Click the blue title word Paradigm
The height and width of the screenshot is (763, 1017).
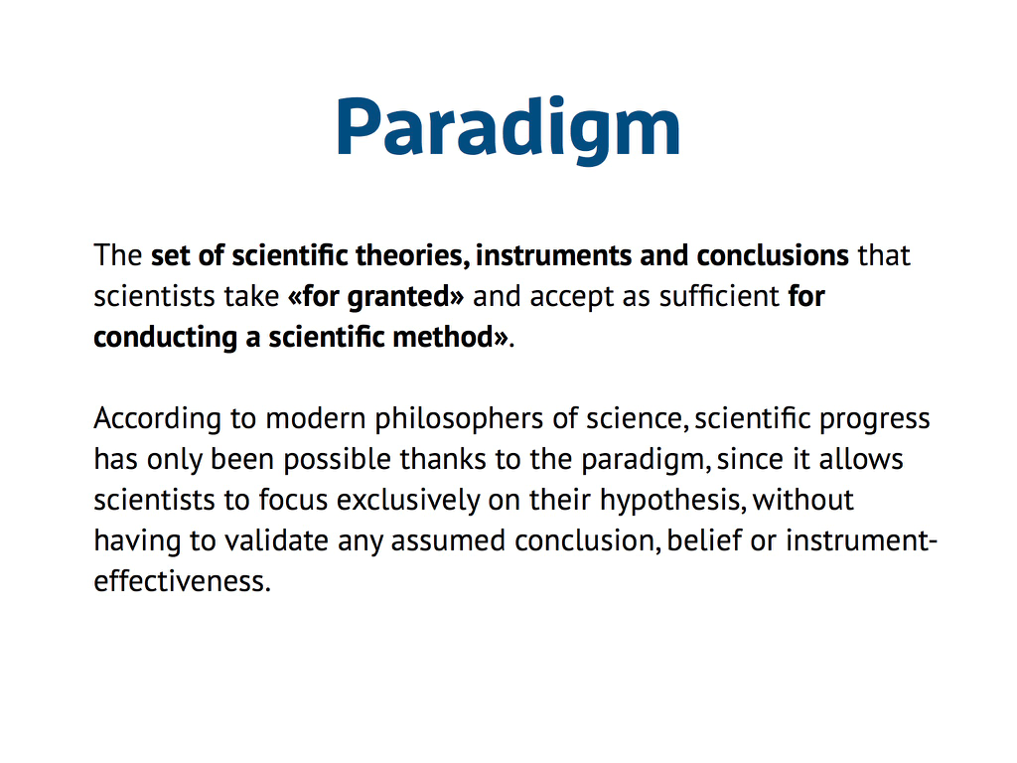pyautogui.click(x=508, y=128)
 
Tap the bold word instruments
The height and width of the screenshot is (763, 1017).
pyautogui.click(x=553, y=255)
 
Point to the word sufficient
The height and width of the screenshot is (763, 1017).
pyautogui.click(x=719, y=296)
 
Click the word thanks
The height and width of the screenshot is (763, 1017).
pyautogui.click(x=443, y=459)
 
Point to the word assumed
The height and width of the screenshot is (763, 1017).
pyautogui.click(x=448, y=541)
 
